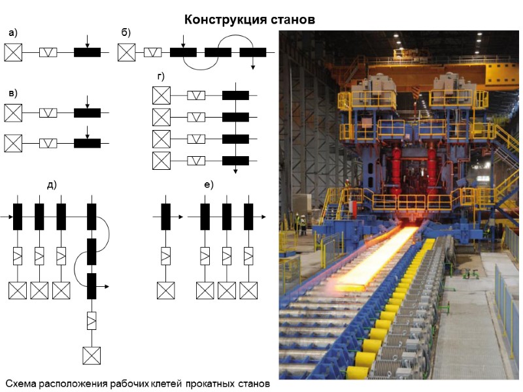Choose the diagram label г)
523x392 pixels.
pos(161,76)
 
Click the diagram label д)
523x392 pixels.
pos(52,185)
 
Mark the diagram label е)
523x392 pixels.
pos(209,185)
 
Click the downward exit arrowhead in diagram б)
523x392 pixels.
pos(252,67)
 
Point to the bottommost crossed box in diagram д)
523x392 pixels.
pos(92,355)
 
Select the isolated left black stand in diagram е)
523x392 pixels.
pos(165,216)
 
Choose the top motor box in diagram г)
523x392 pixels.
pos(161,95)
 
